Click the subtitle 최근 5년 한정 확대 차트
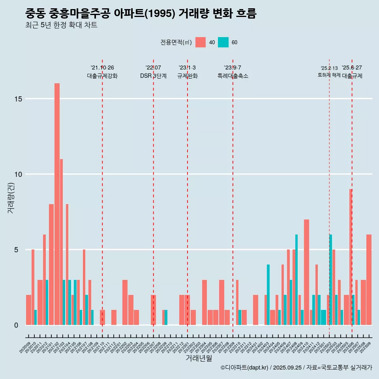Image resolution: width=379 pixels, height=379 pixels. coord(61,25)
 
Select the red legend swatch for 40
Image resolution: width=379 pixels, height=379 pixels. coord(201,42)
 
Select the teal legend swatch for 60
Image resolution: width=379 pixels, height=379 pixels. coord(223,42)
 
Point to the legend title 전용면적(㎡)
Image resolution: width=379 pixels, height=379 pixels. coord(176,42)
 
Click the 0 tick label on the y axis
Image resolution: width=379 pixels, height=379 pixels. coord(16,325)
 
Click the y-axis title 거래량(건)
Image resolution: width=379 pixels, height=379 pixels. coord(11,197)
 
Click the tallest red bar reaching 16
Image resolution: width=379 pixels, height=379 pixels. coord(57,204)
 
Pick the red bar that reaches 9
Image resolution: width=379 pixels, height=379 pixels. coord(351,257)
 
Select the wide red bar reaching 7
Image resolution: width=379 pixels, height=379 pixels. coord(306,272)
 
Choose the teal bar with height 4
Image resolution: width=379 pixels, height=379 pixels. coord(268,295)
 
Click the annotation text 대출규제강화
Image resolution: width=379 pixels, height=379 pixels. coord(102,76)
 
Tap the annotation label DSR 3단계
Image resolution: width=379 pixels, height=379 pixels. coord(153,76)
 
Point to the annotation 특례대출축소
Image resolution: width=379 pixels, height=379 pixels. coord(233,76)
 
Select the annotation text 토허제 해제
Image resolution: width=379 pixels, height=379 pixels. coord(329,75)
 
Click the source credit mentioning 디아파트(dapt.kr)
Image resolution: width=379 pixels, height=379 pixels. coord(296,368)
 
